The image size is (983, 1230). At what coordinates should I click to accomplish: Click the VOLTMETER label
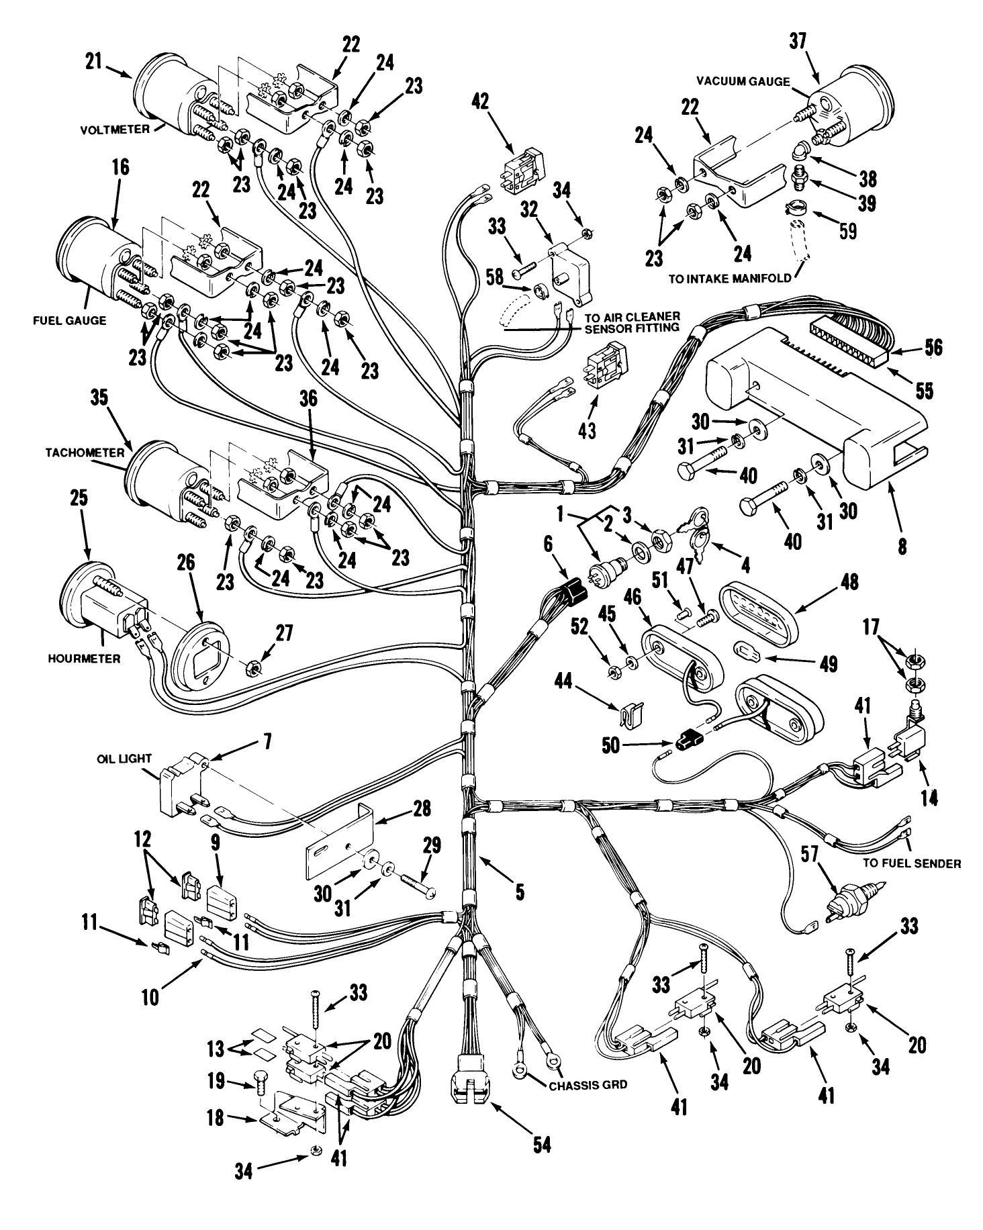coord(115,130)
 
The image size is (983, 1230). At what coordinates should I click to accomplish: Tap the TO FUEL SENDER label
coord(912,864)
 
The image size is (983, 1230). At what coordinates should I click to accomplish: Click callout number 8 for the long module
coord(902,547)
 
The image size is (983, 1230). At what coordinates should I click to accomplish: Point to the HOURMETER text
coord(84,659)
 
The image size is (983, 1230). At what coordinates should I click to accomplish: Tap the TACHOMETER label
coord(85,453)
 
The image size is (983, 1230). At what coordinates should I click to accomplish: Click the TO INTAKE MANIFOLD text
coord(730,279)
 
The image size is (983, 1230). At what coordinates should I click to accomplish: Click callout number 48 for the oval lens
coord(849,582)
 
